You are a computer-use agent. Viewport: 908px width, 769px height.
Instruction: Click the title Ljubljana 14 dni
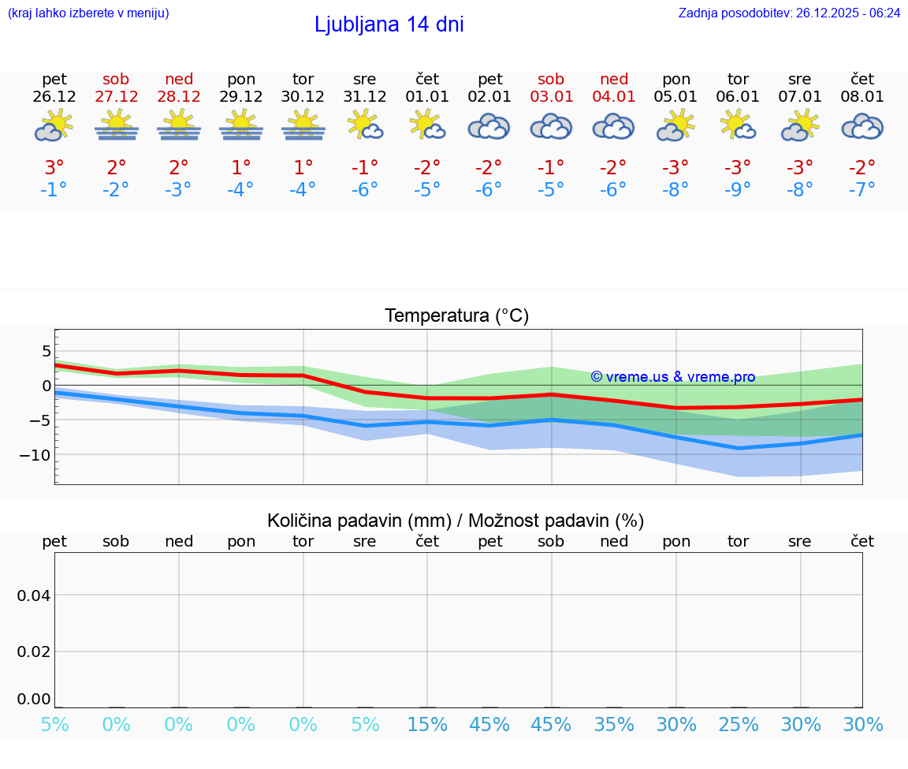pyautogui.click(x=389, y=24)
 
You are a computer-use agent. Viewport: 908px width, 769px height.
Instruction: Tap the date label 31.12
pyautogui.click(x=365, y=97)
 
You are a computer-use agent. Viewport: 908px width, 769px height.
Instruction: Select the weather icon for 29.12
pyautogui.click(x=241, y=125)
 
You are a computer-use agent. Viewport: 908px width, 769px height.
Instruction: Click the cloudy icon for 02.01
pyautogui.click(x=489, y=126)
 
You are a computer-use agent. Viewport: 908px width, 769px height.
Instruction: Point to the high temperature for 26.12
pyautogui.click(x=54, y=167)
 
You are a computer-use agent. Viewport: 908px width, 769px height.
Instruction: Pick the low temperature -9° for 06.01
pyautogui.click(x=738, y=190)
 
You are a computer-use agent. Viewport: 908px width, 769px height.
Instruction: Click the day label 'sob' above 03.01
pyautogui.click(x=551, y=79)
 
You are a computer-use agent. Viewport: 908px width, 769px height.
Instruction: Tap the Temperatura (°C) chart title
pyautogui.click(x=456, y=316)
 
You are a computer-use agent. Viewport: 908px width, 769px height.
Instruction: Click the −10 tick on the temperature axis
pyautogui.click(x=35, y=455)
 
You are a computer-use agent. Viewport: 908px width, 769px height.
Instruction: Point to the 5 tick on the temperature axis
pyautogui.click(x=47, y=350)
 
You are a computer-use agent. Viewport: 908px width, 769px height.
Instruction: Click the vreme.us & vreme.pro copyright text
pyautogui.click(x=672, y=377)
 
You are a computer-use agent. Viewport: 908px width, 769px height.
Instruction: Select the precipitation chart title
pyautogui.click(x=456, y=521)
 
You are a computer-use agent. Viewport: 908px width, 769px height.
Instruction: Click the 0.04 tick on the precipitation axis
pyautogui.click(x=34, y=595)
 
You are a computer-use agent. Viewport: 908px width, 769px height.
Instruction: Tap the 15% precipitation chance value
pyautogui.click(x=427, y=725)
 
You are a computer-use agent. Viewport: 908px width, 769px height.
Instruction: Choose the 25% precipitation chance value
pyautogui.click(x=738, y=725)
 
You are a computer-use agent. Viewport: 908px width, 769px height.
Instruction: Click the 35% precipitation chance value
pyautogui.click(x=614, y=725)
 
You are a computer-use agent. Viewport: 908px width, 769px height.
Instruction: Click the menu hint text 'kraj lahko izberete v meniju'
pyautogui.click(x=88, y=13)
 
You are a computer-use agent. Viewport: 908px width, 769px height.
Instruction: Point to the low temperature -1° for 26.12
pyautogui.click(x=54, y=190)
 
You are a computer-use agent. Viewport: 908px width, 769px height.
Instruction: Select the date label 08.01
pyautogui.click(x=862, y=97)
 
